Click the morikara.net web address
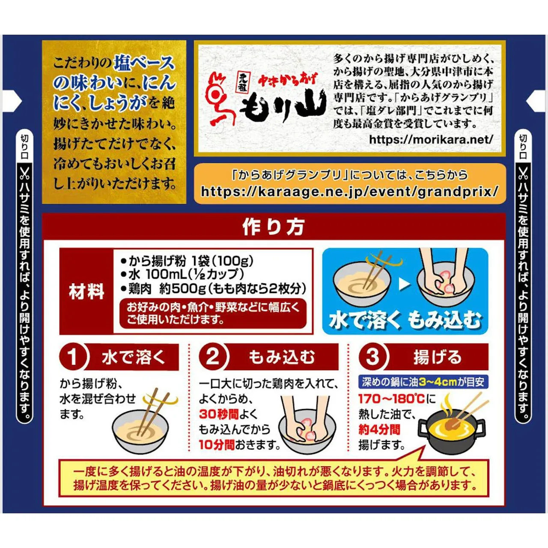pyautogui.click(x=431, y=140)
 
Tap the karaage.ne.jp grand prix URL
pyautogui.click(x=349, y=191)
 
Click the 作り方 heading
pyautogui.click(x=274, y=227)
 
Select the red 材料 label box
pyautogui.click(x=86, y=291)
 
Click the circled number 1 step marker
pyautogui.click(x=73, y=357)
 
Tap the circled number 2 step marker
pyautogui.click(x=213, y=357)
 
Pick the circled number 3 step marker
pyautogui.click(x=373, y=357)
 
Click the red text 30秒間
pyautogui.click(x=218, y=414)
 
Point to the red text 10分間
pyautogui.click(x=216, y=445)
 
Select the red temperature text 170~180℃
pyautogui.click(x=391, y=399)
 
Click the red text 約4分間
pyautogui.click(x=379, y=429)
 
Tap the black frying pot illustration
pyautogui.click(x=451, y=430)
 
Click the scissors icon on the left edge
pyautogui.click(x=25, y=173)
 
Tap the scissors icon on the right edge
pyautogui.click(x=523, y=173)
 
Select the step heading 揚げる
pyautogui.click(x=437, y=357)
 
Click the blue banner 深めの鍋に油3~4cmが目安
pyautogui.click(x=423, y=381)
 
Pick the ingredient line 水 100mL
pyautogui.click(x=185, y=274)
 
